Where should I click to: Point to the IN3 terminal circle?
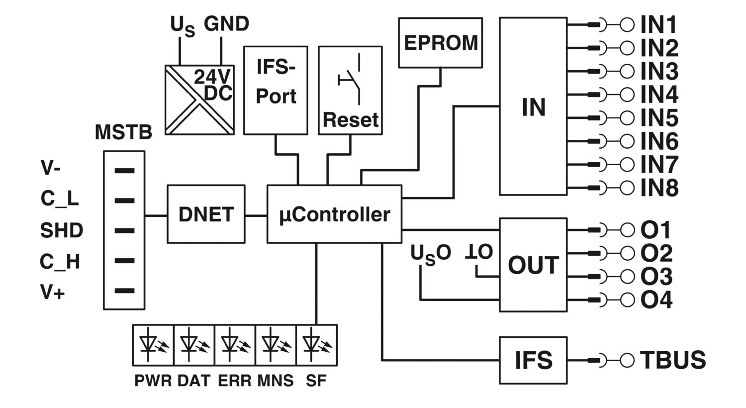(627, 72)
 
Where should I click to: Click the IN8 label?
(659, 188)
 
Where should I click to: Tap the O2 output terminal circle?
(628, 253)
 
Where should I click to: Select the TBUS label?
(673, 360)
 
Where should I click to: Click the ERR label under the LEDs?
(235, 381)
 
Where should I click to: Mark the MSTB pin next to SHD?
(124, 230)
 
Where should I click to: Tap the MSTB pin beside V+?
(124, 291)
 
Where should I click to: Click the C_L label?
(60, 199)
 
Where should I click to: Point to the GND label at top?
(226, 24)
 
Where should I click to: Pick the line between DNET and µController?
(256, 216)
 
